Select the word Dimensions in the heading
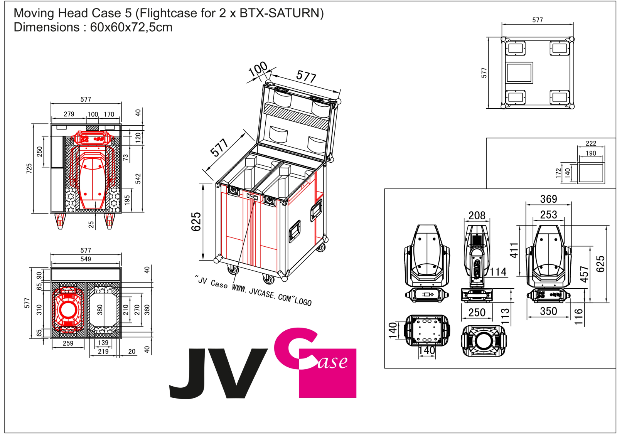click(x=47, y=27)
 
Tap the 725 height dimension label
click(x=29, y=168)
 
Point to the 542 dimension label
click(x=138, y=178)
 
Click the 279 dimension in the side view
click(x=69, y=114)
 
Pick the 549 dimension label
click(x=86, y=259)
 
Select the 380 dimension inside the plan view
click(x=100, y=310)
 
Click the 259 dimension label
click(x=68, y=343)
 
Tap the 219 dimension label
click(x=103, y=352)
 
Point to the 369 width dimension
click(x=548, y=199)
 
